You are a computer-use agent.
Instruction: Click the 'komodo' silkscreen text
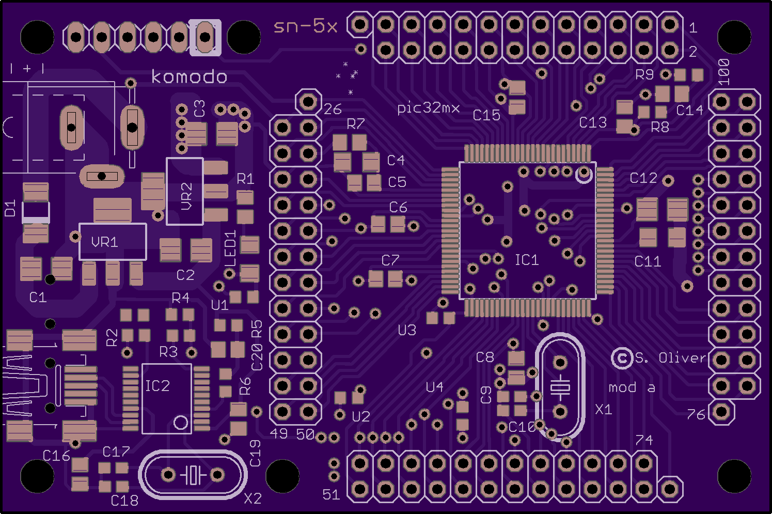click(189, 77)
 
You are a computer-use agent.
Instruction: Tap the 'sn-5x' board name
click(305, 26)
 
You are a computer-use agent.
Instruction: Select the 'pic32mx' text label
click(428, 107)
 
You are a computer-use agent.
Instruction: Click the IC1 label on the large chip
click(527, 259)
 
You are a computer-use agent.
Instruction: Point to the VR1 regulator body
click(113, 242)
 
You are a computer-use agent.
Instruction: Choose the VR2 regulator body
click(185, 192)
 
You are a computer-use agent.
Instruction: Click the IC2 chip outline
click(166, 398)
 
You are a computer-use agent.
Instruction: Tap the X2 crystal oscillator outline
click(193, 475)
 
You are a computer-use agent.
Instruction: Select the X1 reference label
click(603, 410)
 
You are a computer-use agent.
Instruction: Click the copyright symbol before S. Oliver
click(622, 357)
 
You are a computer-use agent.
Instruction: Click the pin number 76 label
click(696, 414)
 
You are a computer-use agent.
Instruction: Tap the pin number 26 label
click(333, 109)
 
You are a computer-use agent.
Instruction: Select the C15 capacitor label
click(486, 115)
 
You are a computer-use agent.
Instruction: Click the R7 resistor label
click(356, 123)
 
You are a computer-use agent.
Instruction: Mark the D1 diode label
click(10, 208)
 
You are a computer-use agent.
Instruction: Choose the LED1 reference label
click(230, 248)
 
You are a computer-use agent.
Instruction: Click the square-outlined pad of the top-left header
click(205, 37)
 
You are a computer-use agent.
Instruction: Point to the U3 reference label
click(407, 330)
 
